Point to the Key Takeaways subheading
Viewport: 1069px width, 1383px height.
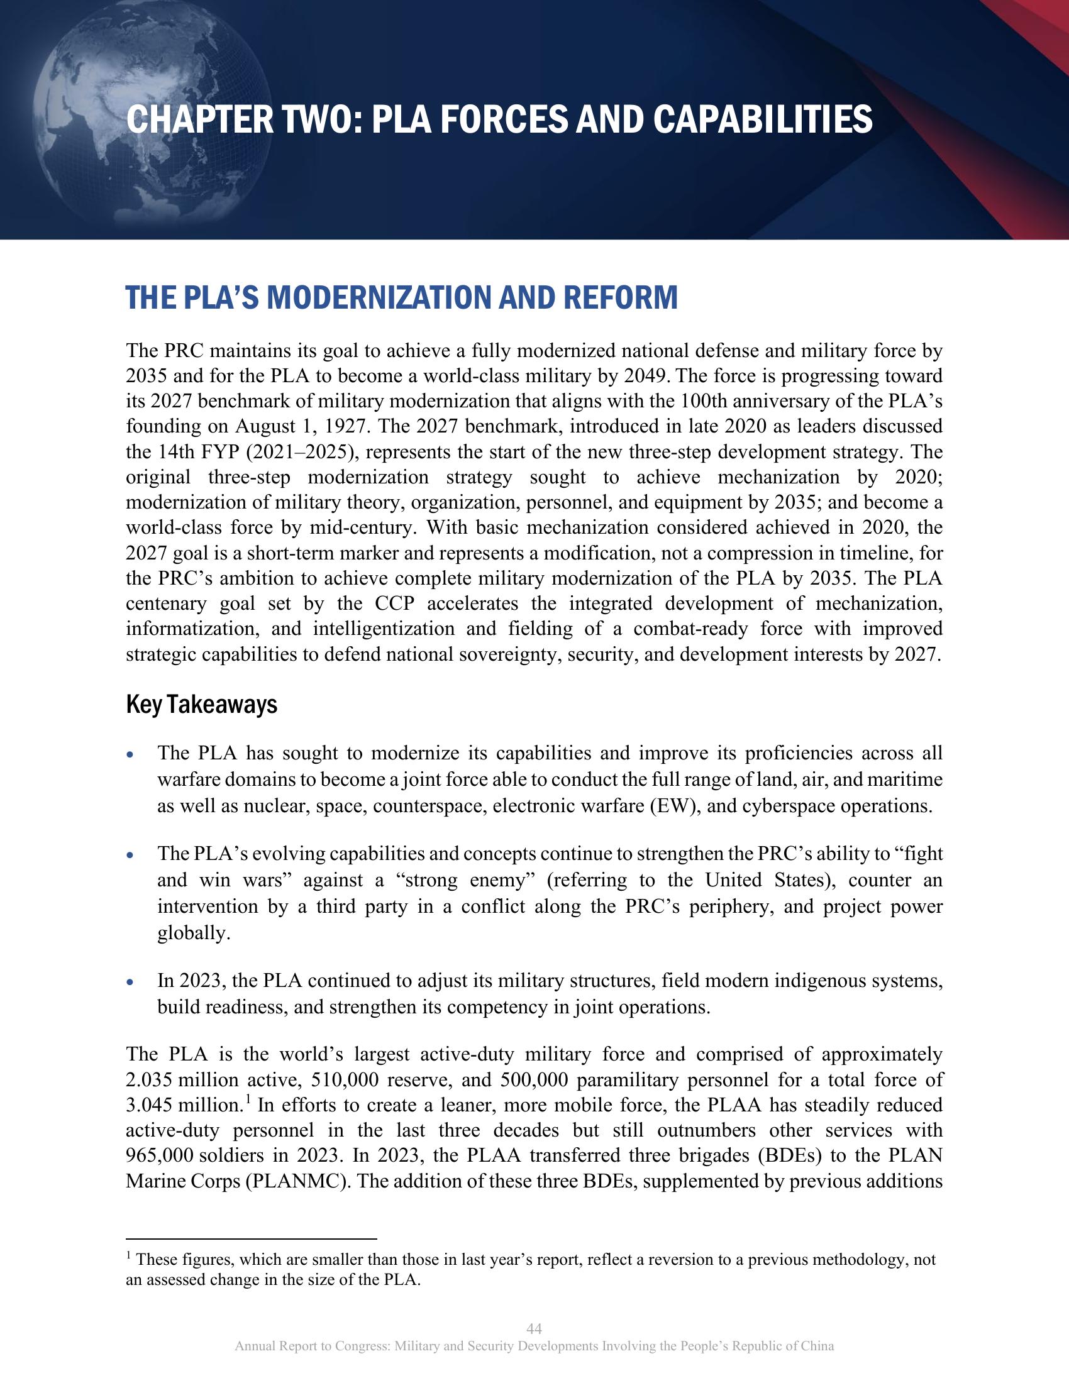click(201, 705)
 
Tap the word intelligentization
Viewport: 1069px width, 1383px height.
click(383, 629)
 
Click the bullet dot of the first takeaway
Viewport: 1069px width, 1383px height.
click(130, 756)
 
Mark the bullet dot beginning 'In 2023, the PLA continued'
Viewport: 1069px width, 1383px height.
click(130, 983)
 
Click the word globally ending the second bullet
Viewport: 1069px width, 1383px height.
click(193, 933)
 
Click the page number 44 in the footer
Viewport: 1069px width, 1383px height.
click(534, 1328)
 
